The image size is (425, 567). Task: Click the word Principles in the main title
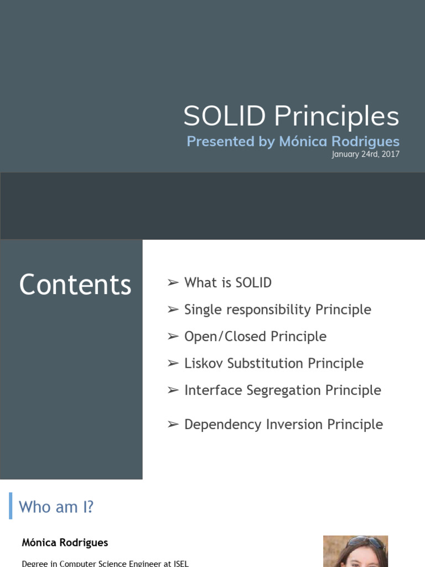[336, 117]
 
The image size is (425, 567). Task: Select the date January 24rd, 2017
[365, 154]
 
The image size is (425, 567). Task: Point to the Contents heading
[75, 285]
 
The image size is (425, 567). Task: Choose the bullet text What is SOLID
[228, 283]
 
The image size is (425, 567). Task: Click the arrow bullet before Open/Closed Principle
[173, 337]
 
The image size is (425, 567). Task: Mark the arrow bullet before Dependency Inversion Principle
[173, 425]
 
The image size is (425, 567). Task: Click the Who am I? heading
[56, 507]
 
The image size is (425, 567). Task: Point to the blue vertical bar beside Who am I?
[11, 506]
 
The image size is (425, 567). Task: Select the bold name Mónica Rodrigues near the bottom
[65, 543]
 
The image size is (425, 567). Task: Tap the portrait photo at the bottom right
[355, 551]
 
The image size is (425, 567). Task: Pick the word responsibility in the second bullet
[268, 310]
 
